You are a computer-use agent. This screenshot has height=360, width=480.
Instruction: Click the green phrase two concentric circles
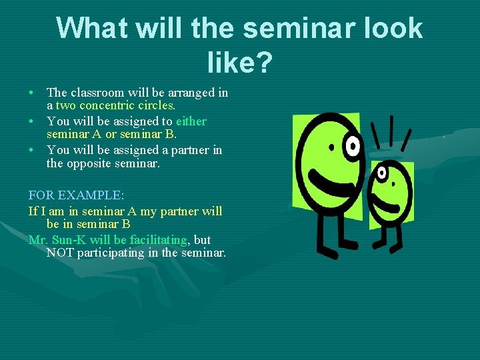click(115, 105)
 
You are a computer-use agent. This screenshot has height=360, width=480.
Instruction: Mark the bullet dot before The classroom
click(32, 93)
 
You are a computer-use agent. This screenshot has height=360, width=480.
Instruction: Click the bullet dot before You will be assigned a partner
click(32, 151)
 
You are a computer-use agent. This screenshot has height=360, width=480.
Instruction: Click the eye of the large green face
click(353, 144)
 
